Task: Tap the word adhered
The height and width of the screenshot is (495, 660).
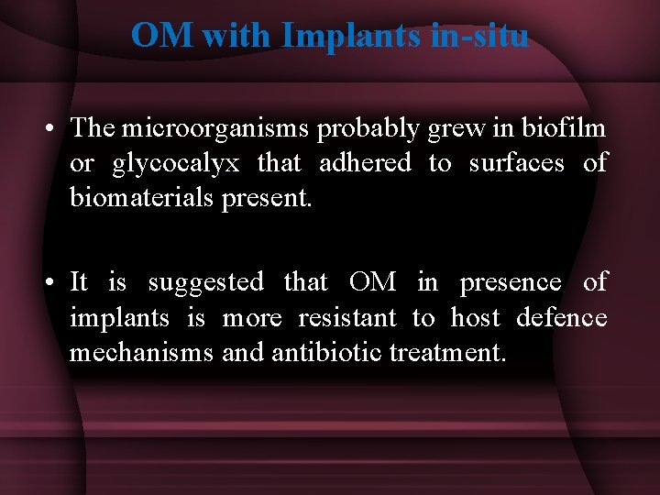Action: (365, 163)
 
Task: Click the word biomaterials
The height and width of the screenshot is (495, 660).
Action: (142, 199)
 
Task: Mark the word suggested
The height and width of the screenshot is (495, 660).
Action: (205, 282)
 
